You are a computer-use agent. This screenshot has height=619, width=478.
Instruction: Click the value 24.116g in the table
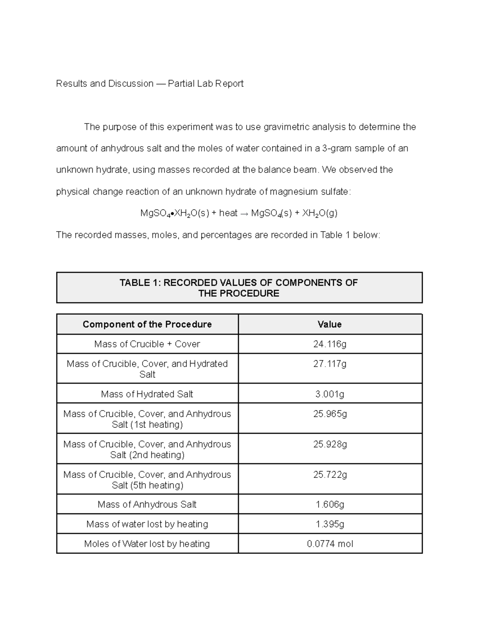coord(330,344)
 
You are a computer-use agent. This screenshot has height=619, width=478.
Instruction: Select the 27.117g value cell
coord(330,364)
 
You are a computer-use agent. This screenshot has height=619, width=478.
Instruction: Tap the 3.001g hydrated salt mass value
coord(330,394)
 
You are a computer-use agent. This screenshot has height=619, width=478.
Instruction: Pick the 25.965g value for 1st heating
coord(330,414)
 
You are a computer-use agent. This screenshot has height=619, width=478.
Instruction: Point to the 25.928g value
coord(330,444)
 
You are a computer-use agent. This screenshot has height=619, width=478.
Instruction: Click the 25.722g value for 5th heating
coord(330,475)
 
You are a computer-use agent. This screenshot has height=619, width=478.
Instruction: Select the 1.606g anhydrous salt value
coord(330,505)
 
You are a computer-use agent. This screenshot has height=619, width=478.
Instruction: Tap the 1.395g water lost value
coord(330,524)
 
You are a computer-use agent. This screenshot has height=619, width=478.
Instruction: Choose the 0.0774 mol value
coord(330,544)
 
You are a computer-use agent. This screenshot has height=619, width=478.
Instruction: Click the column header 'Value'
coord(329,324)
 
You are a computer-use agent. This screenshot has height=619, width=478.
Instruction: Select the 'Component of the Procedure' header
coord(147,324)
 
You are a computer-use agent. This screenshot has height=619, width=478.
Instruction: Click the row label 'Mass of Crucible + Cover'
coord(147,344)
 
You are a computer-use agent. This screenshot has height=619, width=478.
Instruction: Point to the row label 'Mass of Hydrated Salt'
coord(147,394)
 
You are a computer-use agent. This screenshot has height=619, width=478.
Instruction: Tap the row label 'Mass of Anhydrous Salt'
coord(147,505)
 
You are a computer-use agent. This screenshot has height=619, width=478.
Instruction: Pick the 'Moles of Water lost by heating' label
coord(147,544)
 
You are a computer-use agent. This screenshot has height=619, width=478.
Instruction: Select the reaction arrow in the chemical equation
coord(244,214)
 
